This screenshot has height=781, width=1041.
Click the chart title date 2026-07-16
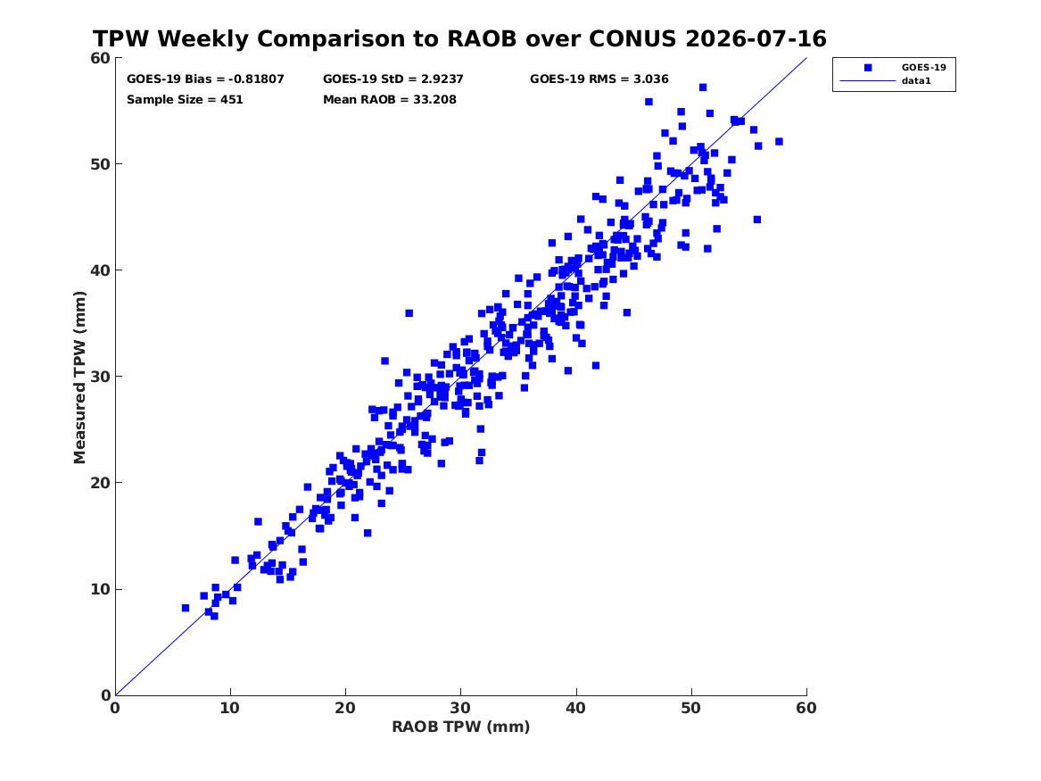[756, 39]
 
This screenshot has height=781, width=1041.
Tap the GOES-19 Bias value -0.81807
[256, 79]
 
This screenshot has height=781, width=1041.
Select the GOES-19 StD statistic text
[393, 79]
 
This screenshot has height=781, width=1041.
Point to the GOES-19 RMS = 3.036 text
[599, 79]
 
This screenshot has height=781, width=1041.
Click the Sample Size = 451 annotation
[185, 100]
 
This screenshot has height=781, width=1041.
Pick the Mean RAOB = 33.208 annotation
[390, 100]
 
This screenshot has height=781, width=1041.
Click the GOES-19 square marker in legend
[867, 68]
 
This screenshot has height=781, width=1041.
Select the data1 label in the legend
[916, 81]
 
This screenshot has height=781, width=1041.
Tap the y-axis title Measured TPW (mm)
[79, 378]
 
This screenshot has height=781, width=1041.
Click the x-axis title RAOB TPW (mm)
[461, 727]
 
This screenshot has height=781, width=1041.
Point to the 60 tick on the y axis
[100, 58]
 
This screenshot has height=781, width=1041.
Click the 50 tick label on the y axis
[100, 164]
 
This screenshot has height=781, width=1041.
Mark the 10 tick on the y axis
[100, 589]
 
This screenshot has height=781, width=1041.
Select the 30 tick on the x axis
[460, 708]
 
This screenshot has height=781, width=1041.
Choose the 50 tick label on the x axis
[690, 708]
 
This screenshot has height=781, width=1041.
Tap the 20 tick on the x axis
[345, 708]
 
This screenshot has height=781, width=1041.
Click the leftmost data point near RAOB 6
[186, 608]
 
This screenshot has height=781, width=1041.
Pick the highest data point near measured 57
[702, 87]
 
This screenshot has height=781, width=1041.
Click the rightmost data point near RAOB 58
[779, 141]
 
